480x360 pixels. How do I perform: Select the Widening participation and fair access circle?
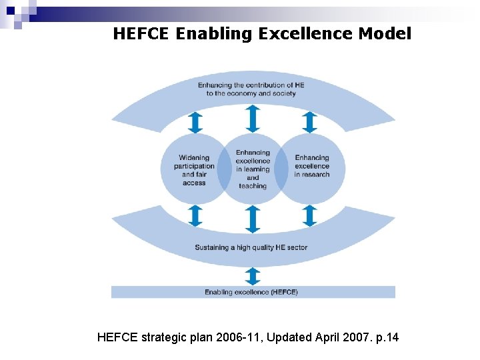click(193, 169)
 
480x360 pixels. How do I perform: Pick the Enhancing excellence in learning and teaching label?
click(253, 169)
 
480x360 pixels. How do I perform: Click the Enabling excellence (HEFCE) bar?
click(252, 292)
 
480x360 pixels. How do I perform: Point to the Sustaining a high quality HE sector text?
click(251, 247)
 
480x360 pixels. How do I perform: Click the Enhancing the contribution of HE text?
click(251, 85)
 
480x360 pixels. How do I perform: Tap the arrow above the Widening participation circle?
click(195, 123)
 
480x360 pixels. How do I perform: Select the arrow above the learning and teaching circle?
click(253, 119)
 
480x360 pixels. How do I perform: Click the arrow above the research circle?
click(309, 123)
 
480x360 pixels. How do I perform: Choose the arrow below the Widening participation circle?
click(195, 215)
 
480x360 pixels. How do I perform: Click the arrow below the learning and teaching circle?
click(253, 219)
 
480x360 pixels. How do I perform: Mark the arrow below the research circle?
click(309, 215)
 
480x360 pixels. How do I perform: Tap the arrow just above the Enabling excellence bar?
click(253, 276)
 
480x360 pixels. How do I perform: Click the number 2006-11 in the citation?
click(237, 337)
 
